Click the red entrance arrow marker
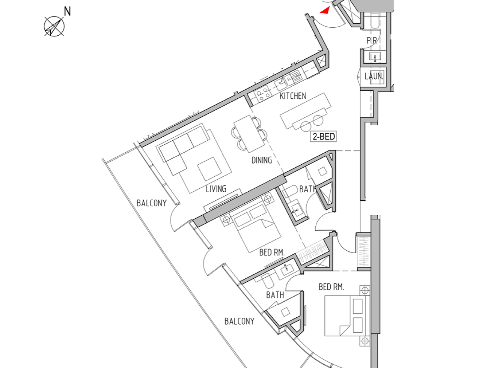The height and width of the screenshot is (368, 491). tap(325, 11)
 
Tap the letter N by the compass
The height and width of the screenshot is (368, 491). tap(67, 11)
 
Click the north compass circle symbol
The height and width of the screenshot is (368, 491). tap(54, 26)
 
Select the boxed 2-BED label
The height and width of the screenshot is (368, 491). tap(323, 136)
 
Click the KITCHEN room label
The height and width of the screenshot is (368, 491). tap(292, 96)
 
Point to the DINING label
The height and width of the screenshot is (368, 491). tap(262, 160)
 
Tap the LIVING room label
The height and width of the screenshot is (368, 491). tap(216, 189)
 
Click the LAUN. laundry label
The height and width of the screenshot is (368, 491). tap(374, 77)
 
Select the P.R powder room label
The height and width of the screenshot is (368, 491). tap(372, 41)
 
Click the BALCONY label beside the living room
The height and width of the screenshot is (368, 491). tap(152, 203)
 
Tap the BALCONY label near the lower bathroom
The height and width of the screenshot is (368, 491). tap(239, 321)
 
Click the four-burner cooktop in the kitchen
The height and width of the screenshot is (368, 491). tap(262, 94)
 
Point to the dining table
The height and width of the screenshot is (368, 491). tap(249, 134)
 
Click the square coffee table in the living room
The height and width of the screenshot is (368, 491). tap(209, 169)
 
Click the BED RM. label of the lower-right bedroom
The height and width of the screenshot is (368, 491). tap(331, 287)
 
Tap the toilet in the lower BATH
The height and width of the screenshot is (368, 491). tap(267, 281)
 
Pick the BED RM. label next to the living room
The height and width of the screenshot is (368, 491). tap(272, 252)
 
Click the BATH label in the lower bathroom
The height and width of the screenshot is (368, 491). tap(275, 295)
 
